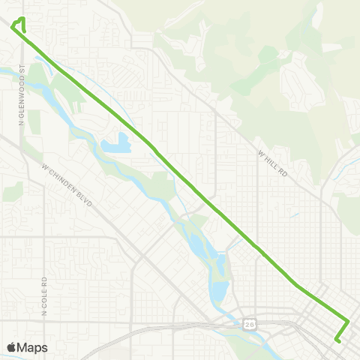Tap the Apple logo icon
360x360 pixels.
click(11, 347)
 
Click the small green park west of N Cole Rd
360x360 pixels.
click(13, 192)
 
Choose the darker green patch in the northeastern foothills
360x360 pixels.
click(268, 55)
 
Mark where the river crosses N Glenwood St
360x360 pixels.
click(22, 71)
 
